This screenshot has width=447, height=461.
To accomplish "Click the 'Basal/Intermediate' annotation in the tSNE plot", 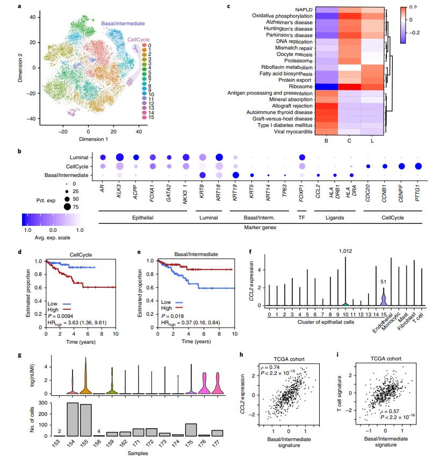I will (x=126, y=24).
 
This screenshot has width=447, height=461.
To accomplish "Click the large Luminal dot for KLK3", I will (x=119, y=157).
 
